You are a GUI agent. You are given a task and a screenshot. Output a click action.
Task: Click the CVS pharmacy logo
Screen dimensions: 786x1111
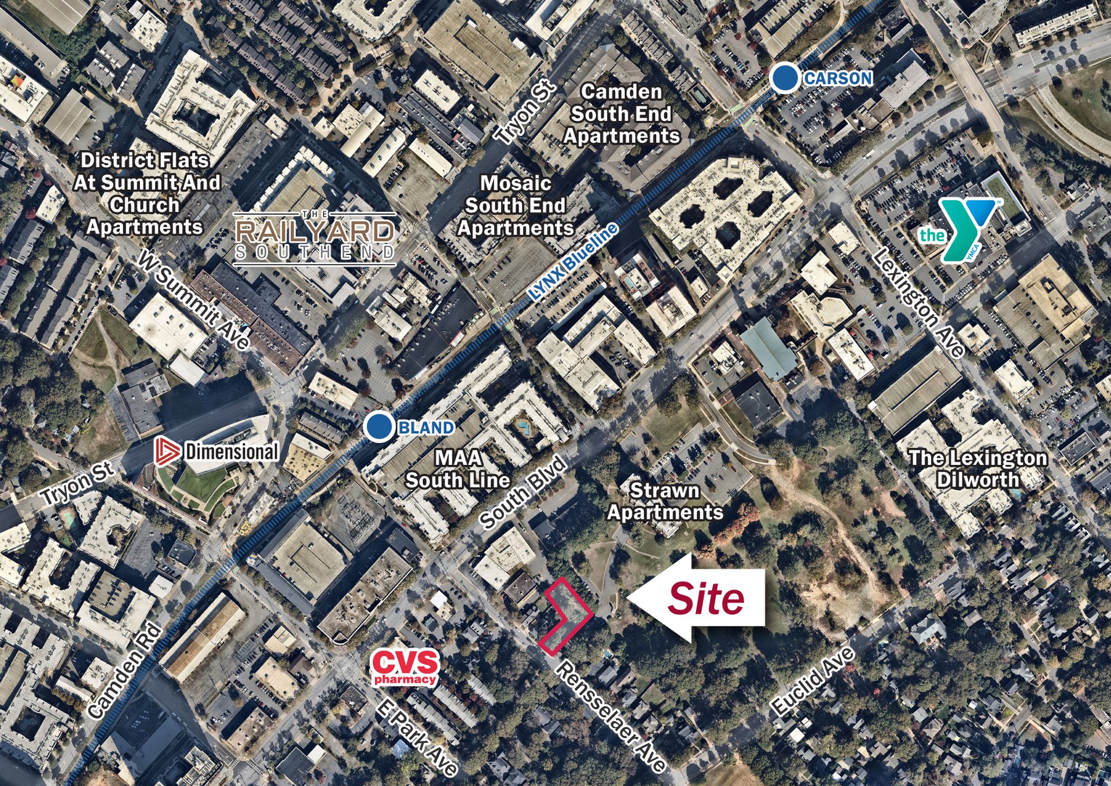[405, 667]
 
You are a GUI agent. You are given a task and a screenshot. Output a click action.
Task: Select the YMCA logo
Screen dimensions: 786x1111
[961, 230]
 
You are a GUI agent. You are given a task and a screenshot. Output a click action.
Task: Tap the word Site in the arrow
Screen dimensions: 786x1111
[706, 599]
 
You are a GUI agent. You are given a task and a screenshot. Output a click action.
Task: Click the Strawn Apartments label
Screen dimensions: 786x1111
[665, 501]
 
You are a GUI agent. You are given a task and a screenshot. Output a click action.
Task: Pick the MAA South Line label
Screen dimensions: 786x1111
[458, 469]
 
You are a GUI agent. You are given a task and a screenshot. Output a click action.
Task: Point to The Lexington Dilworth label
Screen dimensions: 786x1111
[978, 468]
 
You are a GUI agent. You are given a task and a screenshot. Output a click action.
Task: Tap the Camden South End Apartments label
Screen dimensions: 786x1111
[621, 114]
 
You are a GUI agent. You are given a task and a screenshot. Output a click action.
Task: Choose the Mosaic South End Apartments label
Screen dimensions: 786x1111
[516, 206]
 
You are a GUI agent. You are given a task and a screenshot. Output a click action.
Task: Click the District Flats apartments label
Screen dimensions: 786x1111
[146, 194]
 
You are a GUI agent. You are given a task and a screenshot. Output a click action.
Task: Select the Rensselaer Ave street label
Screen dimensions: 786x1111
[610, 717]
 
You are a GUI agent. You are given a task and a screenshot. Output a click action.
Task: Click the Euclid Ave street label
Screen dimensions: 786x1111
[813, 681]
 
